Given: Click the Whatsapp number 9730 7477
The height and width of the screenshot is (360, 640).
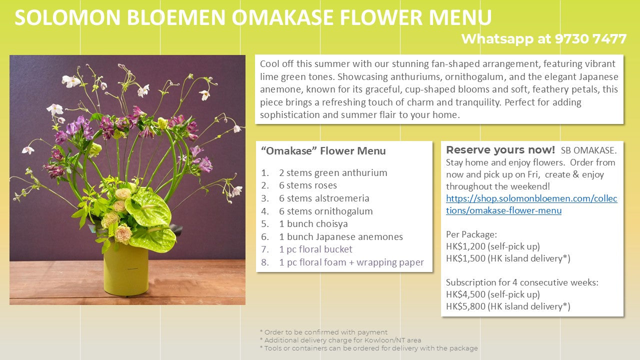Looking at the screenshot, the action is click(x=590, y=39).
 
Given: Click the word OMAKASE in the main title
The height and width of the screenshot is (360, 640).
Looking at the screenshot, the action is click(x=282, y=17).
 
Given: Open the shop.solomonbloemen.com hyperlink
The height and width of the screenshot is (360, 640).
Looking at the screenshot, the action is click(x=531, y=204).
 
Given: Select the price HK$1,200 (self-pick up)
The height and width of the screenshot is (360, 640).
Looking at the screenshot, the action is click(x=493, y=246).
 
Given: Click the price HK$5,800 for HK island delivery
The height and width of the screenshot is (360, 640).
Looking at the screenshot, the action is click(x=508, y=306).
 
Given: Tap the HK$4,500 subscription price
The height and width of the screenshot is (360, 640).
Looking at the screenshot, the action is click(x=493, y=294).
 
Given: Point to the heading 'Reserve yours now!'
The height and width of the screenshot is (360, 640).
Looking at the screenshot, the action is click(x=500, y=149).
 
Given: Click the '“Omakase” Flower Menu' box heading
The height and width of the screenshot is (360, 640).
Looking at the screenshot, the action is click(x=323, y=150).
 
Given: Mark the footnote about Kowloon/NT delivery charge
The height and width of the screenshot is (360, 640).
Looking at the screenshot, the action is click(x=340, y=340).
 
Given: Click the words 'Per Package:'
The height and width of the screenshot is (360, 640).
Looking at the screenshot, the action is click(x=471, y=234).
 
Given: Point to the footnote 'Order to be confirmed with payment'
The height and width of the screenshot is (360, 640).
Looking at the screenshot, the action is click(x=323, y=332).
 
